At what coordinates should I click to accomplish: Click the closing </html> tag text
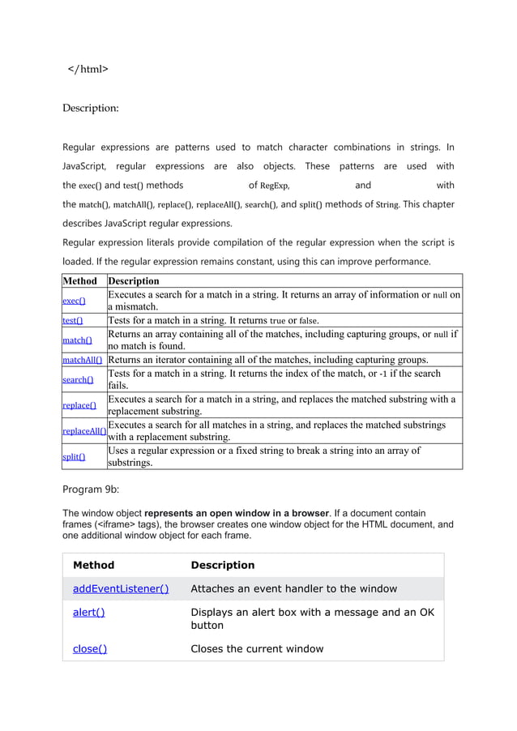tap(88, 69)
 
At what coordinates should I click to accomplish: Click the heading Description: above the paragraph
tap(91, 108)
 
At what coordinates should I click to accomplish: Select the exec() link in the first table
tap(75, 301)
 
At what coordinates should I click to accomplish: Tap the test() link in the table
tap(73, 320)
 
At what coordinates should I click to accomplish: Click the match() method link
tap(78, 340)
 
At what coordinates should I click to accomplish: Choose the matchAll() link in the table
tap(83, 360)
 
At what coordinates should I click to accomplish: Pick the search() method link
tap(78, 379)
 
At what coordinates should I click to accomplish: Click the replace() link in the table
tap(79, 405)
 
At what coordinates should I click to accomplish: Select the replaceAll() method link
tap(84, 431)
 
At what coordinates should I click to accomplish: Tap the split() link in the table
tap(75, 457)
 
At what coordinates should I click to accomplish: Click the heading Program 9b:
tap(97, 489)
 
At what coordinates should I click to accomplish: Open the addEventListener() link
tap(121, 588)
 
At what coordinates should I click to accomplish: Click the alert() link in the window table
tap(88, 613)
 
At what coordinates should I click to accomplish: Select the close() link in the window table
tap(90, 648)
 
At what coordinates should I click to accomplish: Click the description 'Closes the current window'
tap(257, 648)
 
